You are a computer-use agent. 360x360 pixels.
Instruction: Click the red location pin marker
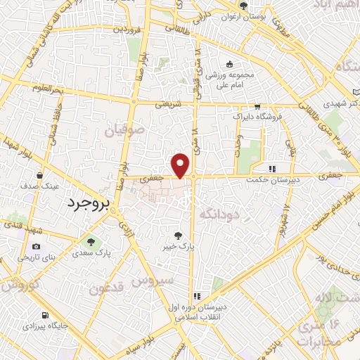coord(181,165)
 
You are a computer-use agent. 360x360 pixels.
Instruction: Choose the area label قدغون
coord(108,287)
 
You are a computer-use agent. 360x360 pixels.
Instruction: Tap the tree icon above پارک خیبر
coord(179,235)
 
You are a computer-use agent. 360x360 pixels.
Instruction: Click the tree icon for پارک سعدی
coord(89,241)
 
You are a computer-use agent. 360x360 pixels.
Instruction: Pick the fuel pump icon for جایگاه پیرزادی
coord(46,316)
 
